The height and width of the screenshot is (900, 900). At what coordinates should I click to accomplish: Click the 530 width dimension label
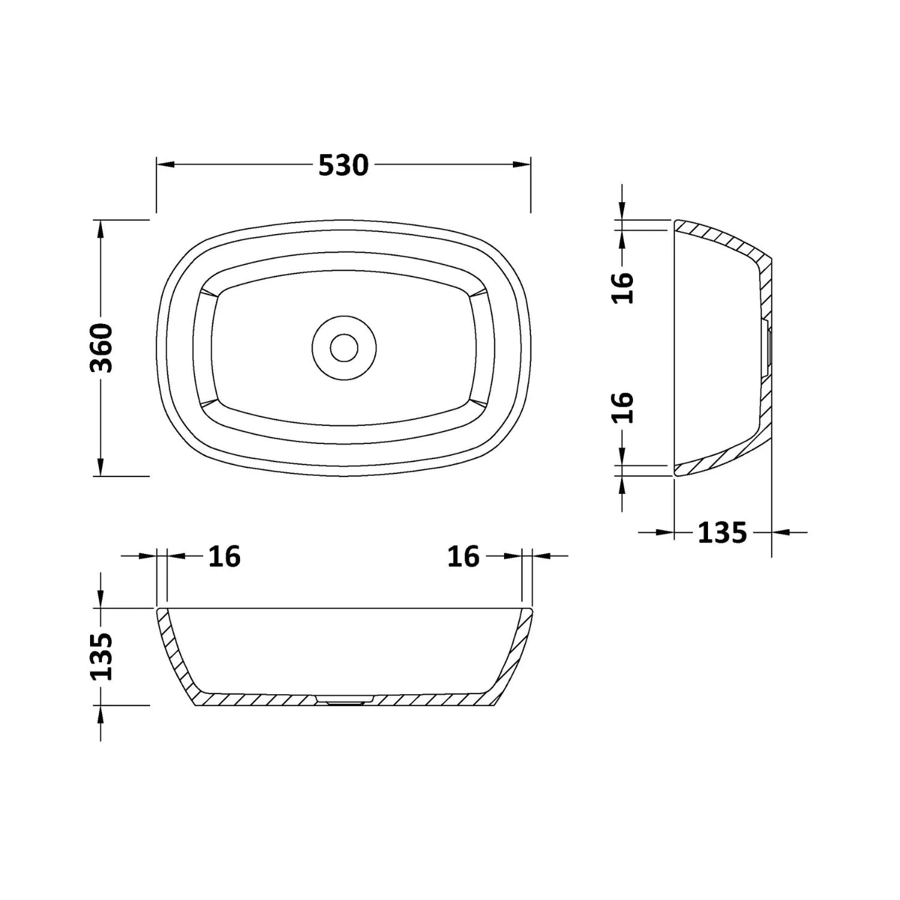pyautogui.click(x=343, y=165)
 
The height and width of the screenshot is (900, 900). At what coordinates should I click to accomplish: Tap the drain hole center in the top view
pyautogui.click(x=344, y=347)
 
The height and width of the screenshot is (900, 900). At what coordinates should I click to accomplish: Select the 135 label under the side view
pyautogui.click(x=722, y=532)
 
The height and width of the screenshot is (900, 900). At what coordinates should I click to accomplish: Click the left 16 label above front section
pyautogui.click(x=224, y=557)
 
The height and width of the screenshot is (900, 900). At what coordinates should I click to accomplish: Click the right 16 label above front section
pyautogui.click(x=463, y=557)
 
